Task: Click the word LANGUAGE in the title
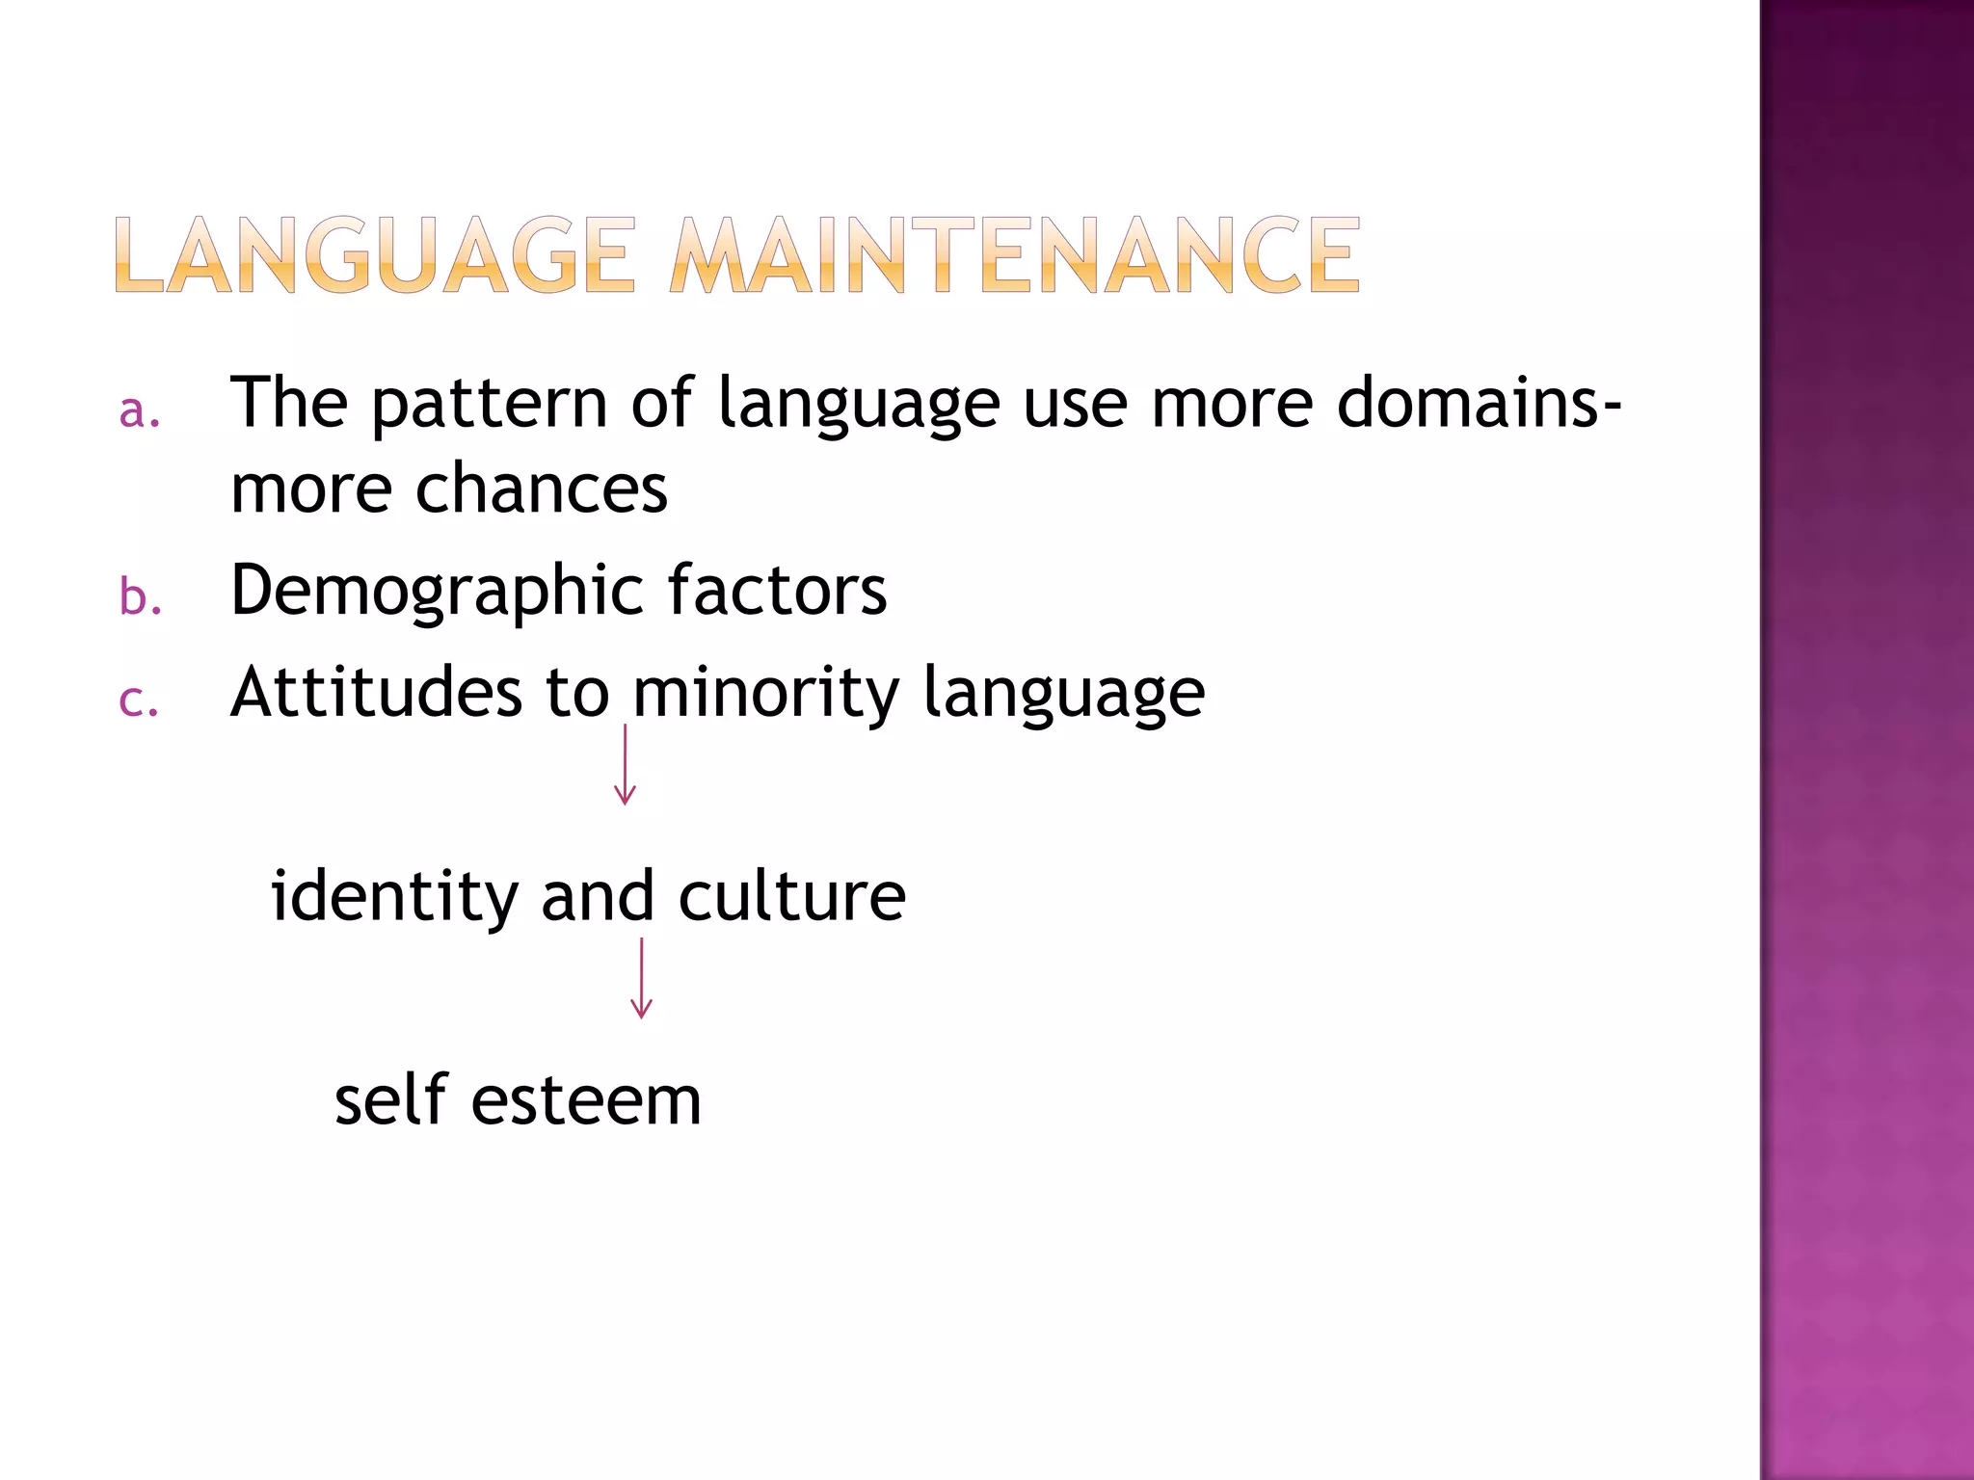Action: pos(376,255)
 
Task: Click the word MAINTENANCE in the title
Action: pos(1015,255)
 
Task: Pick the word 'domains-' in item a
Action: pos(1478,403)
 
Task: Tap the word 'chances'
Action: pos(541,489)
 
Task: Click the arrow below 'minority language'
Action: pos(626,765)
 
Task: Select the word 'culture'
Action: pos(791,896)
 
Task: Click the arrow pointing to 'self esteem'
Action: pos(641,978)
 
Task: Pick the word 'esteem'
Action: pos(586,1101)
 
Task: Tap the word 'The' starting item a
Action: pos(288,403)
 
